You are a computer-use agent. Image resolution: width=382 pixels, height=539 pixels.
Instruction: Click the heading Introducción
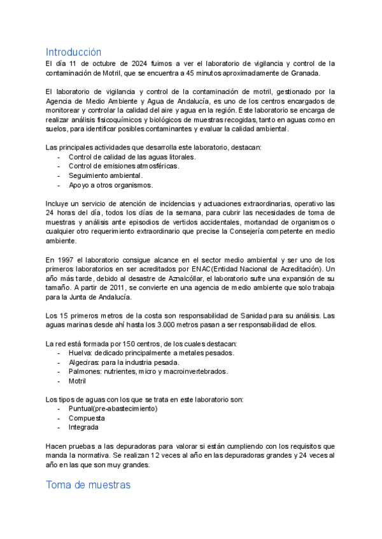[x=73, y=51]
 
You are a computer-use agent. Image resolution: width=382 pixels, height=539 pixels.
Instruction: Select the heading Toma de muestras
[x=88, y=485]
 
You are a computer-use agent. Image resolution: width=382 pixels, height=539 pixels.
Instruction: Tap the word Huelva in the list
[x=79, y=353]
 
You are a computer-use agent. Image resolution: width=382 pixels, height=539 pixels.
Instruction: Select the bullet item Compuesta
[x=87, y=418]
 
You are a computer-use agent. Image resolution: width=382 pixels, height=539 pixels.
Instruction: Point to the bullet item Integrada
[x=84, y=427]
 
